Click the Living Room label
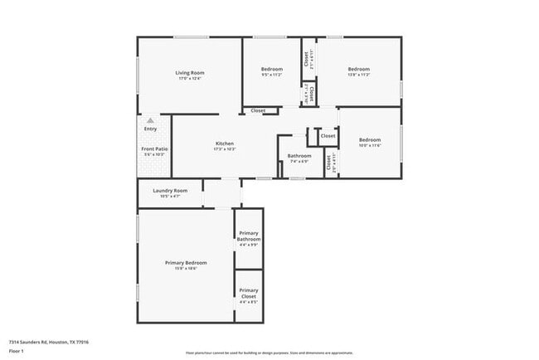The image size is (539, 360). click(x=189, y=73)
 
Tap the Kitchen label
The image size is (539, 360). click(x=225, y=143)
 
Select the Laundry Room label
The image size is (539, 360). click(x=170, y=190)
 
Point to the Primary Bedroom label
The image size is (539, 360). click(x=186, y=262)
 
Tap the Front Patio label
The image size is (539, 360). click(x=154, y=148)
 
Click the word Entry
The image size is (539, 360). click(x=150, y=129)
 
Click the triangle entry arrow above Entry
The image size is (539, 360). click(x=150, y=119)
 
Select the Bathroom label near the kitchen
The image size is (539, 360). click(x=299, y=155)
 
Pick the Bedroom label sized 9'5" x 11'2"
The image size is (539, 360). click(x=272, y=69)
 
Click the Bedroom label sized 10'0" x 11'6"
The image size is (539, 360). click(x=369, y=139)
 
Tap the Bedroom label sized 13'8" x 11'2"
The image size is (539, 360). click(x=358, y=69)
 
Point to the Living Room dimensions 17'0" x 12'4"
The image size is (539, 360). click(x=189, y=78)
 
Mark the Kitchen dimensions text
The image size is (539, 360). click(x=225, y=148)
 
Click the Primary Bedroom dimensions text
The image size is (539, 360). click(x=186, y=267)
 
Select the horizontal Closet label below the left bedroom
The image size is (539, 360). click(x=259, y=110)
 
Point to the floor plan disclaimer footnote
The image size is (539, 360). click(x=269, y=352)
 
